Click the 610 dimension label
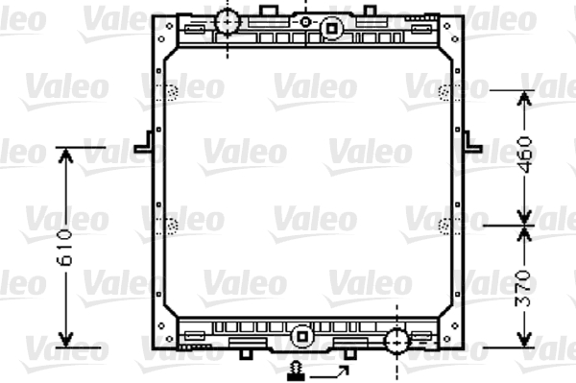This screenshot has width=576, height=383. [x=64, y=247]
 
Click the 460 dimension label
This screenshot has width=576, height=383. [x=524, y=155]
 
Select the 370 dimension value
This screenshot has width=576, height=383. [x=523, y=288]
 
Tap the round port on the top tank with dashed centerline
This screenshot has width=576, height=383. [x=228, y=22]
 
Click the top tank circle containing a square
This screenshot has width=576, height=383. [x=331, y=29]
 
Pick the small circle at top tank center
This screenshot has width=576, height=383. [x=305, y=22]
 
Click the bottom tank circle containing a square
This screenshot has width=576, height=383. [x=302, y=336]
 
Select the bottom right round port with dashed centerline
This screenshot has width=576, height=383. [x=396, y=342]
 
